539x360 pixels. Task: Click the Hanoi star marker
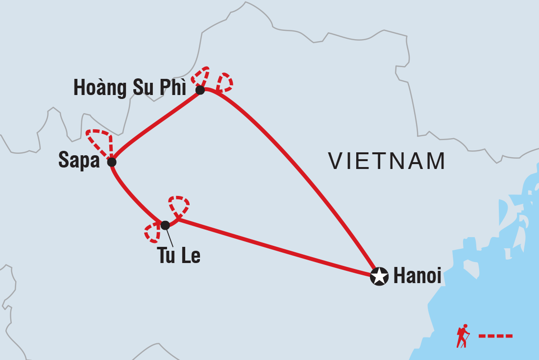coord(379,276)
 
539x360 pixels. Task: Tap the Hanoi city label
coord(417,276)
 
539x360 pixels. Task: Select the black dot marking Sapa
coord(112,162)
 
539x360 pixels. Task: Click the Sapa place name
coord(79,161)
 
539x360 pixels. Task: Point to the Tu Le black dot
coord(165,225)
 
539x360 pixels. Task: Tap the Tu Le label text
coord(179,256)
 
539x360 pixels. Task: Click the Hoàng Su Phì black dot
coord(200,90)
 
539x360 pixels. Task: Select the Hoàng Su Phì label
coord(130,88)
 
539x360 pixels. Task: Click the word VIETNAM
coord(387,161)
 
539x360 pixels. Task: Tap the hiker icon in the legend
coord(463,336)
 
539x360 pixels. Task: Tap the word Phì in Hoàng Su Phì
coord(173,88)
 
